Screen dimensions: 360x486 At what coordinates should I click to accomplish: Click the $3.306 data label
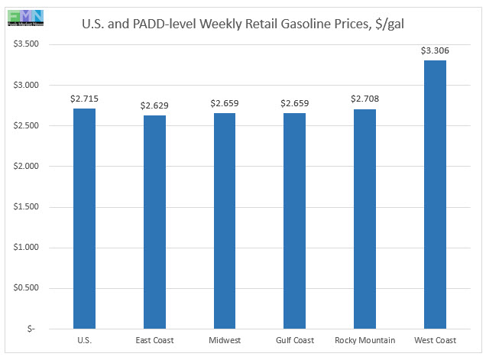coord(435,50)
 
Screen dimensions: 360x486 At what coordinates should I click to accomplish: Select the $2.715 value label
coord(84,99)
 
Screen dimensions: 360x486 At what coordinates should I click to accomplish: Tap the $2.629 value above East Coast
coord(154,105)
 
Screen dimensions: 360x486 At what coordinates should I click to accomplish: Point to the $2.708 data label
coord(364,99)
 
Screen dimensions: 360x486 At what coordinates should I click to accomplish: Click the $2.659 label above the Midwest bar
coord(225,103)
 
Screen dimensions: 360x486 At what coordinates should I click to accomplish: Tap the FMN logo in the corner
coord(23,17)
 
